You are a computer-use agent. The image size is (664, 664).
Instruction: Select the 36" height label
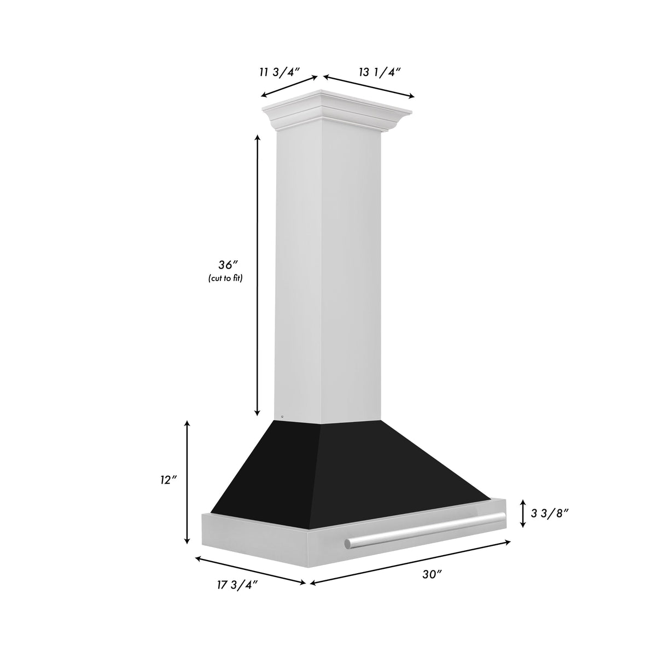click(225, 265)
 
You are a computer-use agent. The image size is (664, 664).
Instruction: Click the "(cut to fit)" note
click(225, 278)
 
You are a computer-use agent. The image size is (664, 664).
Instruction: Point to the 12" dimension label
click(168, 479)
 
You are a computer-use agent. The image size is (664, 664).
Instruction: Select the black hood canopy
click(350, 470)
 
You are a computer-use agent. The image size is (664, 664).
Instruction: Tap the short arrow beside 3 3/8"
click(523, 513)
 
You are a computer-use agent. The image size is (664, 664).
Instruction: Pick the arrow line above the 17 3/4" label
click(250, 570)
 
